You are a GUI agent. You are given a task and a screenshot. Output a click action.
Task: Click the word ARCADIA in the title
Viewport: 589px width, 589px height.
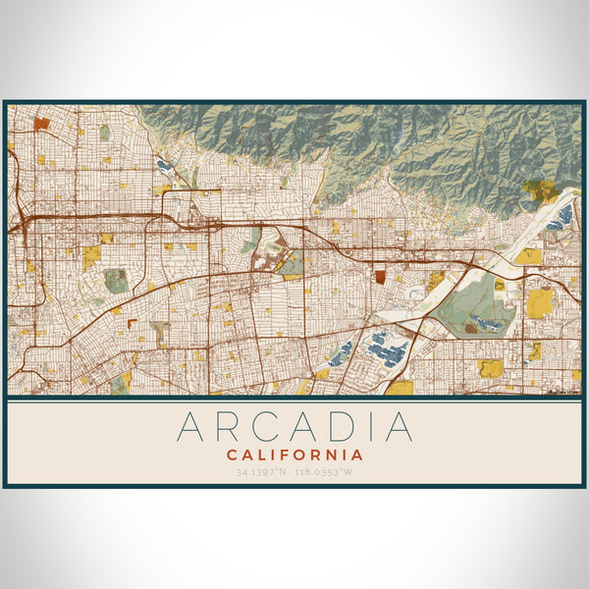[x=294, y=427]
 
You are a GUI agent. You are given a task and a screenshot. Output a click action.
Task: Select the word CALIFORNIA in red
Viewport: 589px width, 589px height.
[x=294, y=455]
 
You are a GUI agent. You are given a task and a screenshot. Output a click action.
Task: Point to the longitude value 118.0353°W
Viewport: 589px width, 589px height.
[x=325, y=472]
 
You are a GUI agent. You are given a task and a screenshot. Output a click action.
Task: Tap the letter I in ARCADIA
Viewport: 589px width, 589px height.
[x=372, y=427]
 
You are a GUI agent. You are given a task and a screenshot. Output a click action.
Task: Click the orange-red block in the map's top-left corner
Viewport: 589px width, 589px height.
[x=40, y=124]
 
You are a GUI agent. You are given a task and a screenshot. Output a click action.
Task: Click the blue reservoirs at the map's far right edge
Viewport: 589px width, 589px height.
[x=565, y=214]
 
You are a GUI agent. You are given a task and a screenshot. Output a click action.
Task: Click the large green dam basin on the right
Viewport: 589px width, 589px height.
[x=471, y=304]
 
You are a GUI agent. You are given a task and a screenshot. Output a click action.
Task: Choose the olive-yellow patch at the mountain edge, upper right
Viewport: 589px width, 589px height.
[x=538, y=189]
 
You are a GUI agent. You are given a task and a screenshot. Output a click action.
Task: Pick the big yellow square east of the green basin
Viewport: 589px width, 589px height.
[x=539, y=302]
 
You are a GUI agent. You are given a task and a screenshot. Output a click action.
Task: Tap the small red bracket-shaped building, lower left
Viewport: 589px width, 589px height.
[x=132, y=323]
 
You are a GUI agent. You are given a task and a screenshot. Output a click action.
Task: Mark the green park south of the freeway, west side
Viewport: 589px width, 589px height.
[x=116, y=280]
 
